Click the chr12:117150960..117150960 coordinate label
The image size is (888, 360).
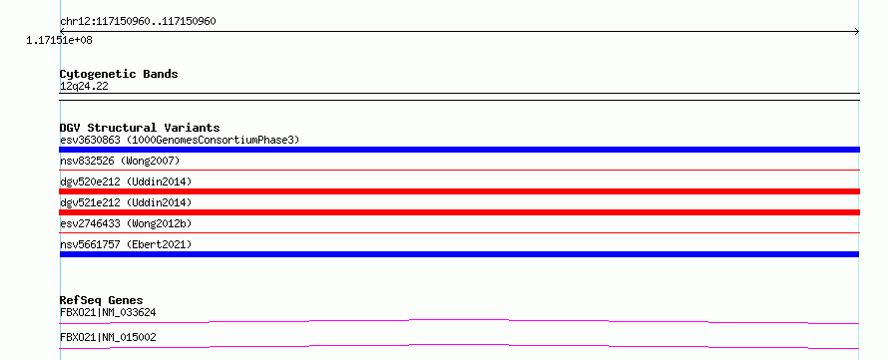click(x=138, y=22)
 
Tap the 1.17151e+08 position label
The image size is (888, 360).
click(x=60, y=40)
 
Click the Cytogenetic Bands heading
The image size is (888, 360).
click(x=119, y=74)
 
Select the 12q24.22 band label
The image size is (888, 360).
click(x=84, y=87)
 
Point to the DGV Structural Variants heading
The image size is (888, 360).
click(x=140, y=128)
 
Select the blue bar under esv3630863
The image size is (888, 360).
click(x=459, y=150)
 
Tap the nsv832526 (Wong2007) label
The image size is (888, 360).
click(x=120, y=162)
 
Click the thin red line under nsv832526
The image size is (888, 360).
click(x=459, y=170)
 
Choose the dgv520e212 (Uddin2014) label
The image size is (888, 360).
click(x=126, y=181)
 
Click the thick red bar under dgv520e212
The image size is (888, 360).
click(x=459, y=191)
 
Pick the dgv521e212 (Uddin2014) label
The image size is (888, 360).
click(x=126, y=202)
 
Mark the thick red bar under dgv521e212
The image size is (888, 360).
click(x=459, y=212)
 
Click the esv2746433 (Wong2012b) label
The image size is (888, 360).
click(x=126, y=223)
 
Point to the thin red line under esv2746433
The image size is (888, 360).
click(x=459, y=232)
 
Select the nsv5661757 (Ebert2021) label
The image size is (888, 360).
click(x=126, y=244)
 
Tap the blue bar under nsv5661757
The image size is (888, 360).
click(x=459, y=254)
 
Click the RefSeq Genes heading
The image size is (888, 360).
click(x=102, y=300)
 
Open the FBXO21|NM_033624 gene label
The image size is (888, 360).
click(x=108, y=312)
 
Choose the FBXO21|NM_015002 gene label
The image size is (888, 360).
click(x=108, y=338)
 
